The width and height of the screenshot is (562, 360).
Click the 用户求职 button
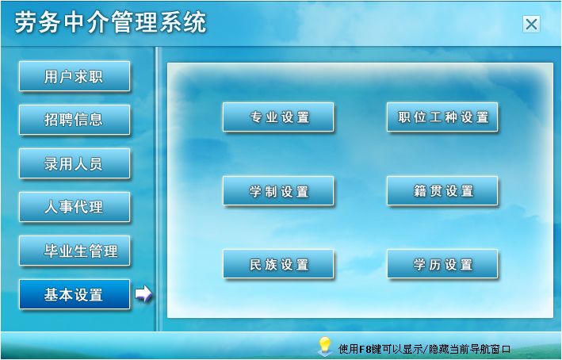75,76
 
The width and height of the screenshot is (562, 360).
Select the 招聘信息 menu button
75,120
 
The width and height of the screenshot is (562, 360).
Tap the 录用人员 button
75,163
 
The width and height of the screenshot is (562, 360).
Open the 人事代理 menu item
75,207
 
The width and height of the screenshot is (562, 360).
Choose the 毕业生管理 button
75,251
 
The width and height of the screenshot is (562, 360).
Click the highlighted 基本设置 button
75,294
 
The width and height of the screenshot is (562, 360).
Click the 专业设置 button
278,117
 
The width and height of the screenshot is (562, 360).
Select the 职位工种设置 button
442,117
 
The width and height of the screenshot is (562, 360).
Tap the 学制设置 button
278,191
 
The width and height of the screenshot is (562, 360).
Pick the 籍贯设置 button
442,191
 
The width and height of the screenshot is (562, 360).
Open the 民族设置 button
278,264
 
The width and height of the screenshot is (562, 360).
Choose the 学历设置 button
442,264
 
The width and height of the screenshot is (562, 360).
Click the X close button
531,25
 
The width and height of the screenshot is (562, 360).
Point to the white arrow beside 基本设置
143,294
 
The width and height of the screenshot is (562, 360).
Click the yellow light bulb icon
325,346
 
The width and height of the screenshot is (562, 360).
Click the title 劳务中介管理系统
111,22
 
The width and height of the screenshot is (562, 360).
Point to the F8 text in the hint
365,349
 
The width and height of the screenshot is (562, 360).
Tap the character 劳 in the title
26,22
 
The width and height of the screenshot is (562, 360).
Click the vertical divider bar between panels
157,189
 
